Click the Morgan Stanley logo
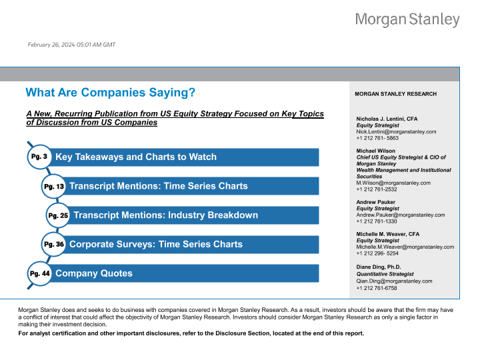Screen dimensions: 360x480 407,20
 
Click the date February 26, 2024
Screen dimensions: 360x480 71,45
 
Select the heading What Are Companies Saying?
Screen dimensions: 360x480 110,92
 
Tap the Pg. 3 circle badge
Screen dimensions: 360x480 39,156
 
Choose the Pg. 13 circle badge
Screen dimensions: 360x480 53,186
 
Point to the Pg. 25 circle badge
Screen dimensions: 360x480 58,215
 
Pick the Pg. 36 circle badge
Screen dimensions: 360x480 53,245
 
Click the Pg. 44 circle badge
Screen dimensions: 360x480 39,273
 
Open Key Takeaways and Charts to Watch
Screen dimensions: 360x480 136,157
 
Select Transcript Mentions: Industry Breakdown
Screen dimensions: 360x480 165,215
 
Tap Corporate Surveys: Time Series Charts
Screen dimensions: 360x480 156,245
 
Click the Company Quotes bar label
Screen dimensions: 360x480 94,273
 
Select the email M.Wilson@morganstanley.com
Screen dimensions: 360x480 393,183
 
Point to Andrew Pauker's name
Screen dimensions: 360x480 376,202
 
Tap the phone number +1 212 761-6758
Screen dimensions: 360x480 377,288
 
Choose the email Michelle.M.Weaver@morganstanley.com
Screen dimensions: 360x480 405,247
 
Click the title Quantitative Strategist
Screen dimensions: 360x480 385,274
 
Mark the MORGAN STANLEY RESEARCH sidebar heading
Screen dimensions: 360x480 397,94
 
